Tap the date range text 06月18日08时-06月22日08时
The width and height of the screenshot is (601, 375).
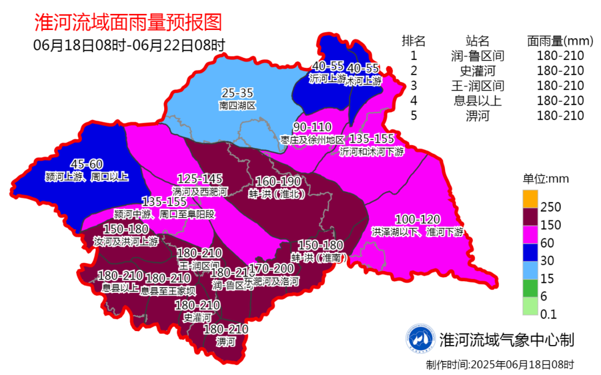[129, 45]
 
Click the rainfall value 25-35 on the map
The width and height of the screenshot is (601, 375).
[237, 93]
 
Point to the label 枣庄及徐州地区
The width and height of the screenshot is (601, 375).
[312, 139]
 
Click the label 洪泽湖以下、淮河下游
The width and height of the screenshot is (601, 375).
[417, 232]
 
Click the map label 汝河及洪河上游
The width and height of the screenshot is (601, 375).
[126, 242]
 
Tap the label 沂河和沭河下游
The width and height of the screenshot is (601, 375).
[371, 151]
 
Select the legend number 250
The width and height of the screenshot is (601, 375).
[551, 207]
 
